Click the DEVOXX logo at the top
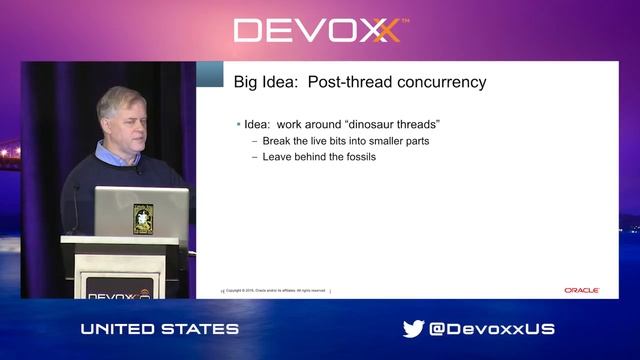[x=319, y=30]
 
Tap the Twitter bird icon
[x=413, y=328]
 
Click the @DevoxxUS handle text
[x=492, y=329]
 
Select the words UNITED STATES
[x=160, y=329]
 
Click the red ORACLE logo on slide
[x=581, y=290]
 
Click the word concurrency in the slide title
[x=441, y=81]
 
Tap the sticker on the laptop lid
[x=143, y=217]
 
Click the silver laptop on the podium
[x=141, y=211]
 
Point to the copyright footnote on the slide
[x=275, y=291]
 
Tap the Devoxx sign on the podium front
[x=119, y=294]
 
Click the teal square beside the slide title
[x=210, y=74]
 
